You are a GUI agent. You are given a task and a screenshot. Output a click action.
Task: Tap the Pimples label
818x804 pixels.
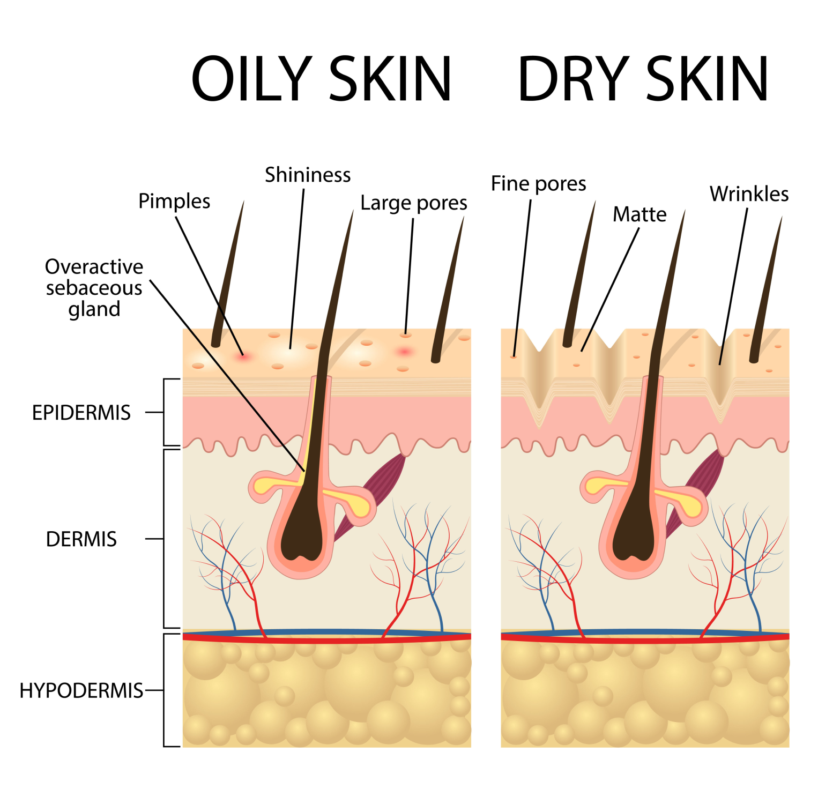174,202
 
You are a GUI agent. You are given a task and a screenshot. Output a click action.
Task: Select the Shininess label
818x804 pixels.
308,175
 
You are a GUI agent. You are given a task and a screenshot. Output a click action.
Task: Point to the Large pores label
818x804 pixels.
414,203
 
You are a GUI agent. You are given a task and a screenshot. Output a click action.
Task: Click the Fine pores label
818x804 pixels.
539,184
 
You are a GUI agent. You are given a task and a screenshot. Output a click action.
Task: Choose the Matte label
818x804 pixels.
639,214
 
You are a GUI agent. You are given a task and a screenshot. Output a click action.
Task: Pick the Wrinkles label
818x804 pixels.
749,193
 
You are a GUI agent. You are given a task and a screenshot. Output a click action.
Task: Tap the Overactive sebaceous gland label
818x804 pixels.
94,288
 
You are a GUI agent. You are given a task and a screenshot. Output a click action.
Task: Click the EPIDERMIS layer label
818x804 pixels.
81,413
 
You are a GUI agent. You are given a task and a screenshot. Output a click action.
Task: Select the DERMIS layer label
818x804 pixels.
81,539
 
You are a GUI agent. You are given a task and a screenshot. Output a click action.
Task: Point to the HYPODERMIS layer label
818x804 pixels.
81,691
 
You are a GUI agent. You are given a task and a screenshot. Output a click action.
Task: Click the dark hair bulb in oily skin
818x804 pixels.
301,536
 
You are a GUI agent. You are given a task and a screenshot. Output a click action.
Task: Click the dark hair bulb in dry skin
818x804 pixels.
634,536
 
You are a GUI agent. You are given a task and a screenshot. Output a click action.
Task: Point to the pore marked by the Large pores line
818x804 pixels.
406,336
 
